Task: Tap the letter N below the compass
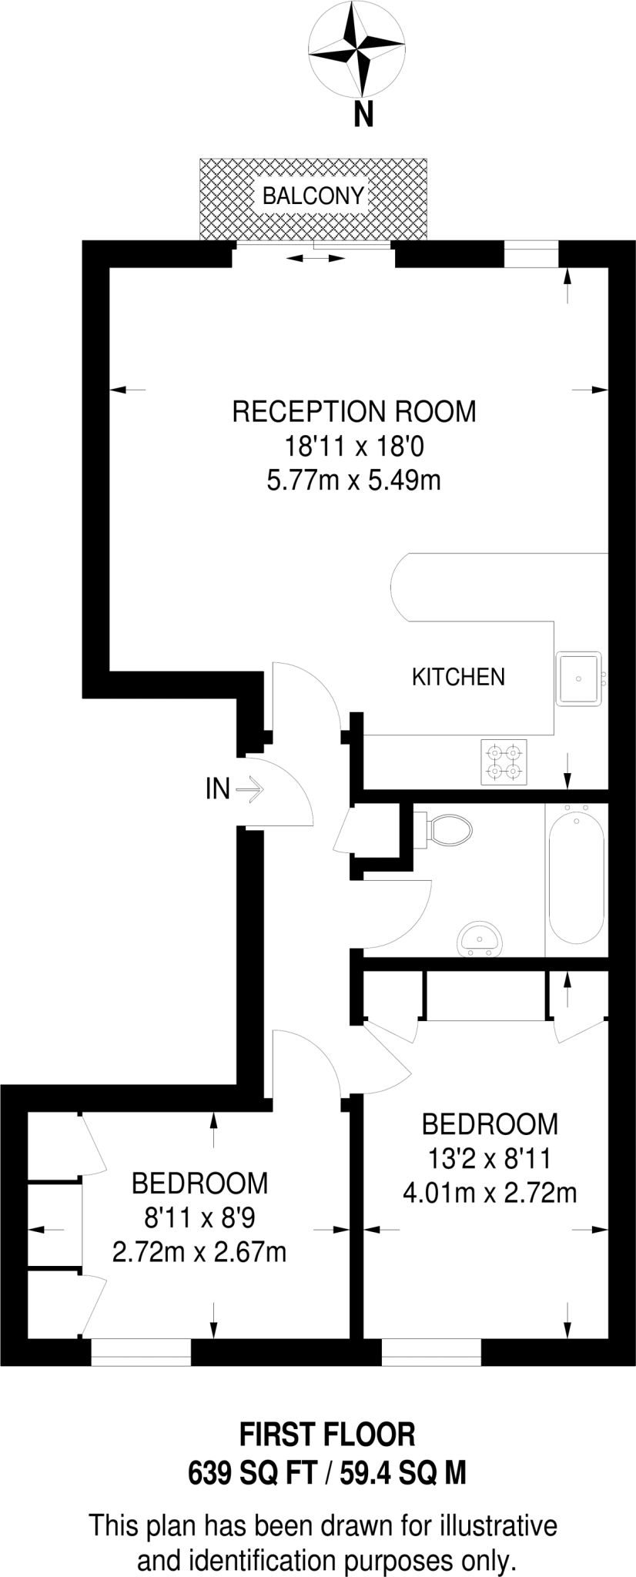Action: tap(363, 116)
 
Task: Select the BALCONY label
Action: tap(313, 196)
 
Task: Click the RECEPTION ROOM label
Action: tap(354, 412)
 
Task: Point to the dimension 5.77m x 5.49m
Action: tap(353, 481)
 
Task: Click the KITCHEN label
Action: tap(458, 677)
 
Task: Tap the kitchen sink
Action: tap(580, 678)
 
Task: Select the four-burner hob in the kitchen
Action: tap(504, 761)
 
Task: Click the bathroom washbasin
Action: tap(480, 940)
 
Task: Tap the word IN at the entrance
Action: tap(217, 788)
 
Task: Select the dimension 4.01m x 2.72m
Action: tap(490, 1194)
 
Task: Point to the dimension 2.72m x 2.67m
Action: tap(199, 1251)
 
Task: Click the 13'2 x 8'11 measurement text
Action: tap(490, 1158)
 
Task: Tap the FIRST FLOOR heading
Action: tap(327, 1435)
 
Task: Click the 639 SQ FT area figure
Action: tap(253, 1473)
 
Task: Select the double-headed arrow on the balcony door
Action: tap(316, 259)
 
